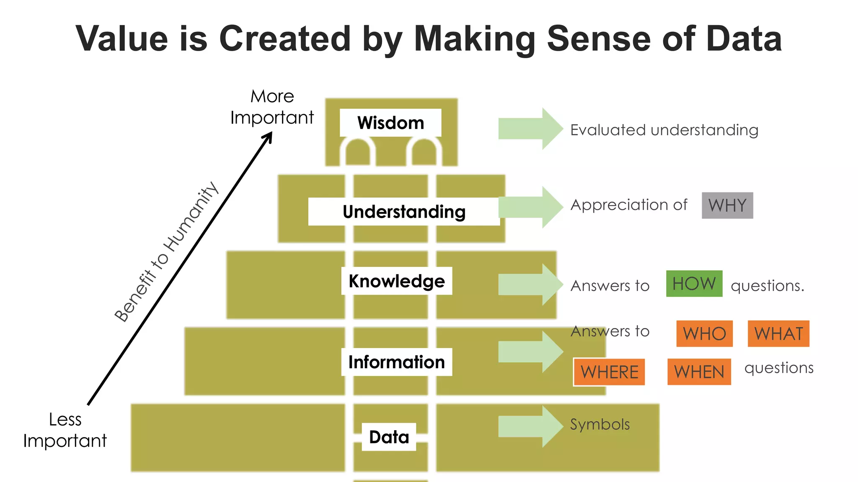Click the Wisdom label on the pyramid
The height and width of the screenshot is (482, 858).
(x=390, y=123)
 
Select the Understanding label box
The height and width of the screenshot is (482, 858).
(x=404, y=212)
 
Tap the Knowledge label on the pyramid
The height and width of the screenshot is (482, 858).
(x=396, y=281)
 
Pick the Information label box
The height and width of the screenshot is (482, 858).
(x=396, y=362)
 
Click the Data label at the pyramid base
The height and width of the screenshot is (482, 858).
(x=389, y=437)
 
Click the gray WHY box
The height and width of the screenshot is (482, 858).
(x=727, y=205)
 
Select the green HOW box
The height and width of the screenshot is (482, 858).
(x=694, y=284)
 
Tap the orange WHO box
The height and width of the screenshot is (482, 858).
(x=704, y=334)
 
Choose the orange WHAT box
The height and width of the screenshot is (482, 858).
(x=778, y=334)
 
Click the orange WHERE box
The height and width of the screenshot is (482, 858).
(x=609, y=372)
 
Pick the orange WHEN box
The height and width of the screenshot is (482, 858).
(x=699, y=372)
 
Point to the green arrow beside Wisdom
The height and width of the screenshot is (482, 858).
(x=530, y=129)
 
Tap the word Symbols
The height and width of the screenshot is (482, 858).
(x=600, y=425)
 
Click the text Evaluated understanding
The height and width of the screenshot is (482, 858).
(x=664, y=130)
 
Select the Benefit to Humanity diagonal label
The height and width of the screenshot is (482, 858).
(x=167, y=252)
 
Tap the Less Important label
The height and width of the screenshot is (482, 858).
(x=65, y=430)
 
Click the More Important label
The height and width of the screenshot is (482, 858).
(x=272, y=107)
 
